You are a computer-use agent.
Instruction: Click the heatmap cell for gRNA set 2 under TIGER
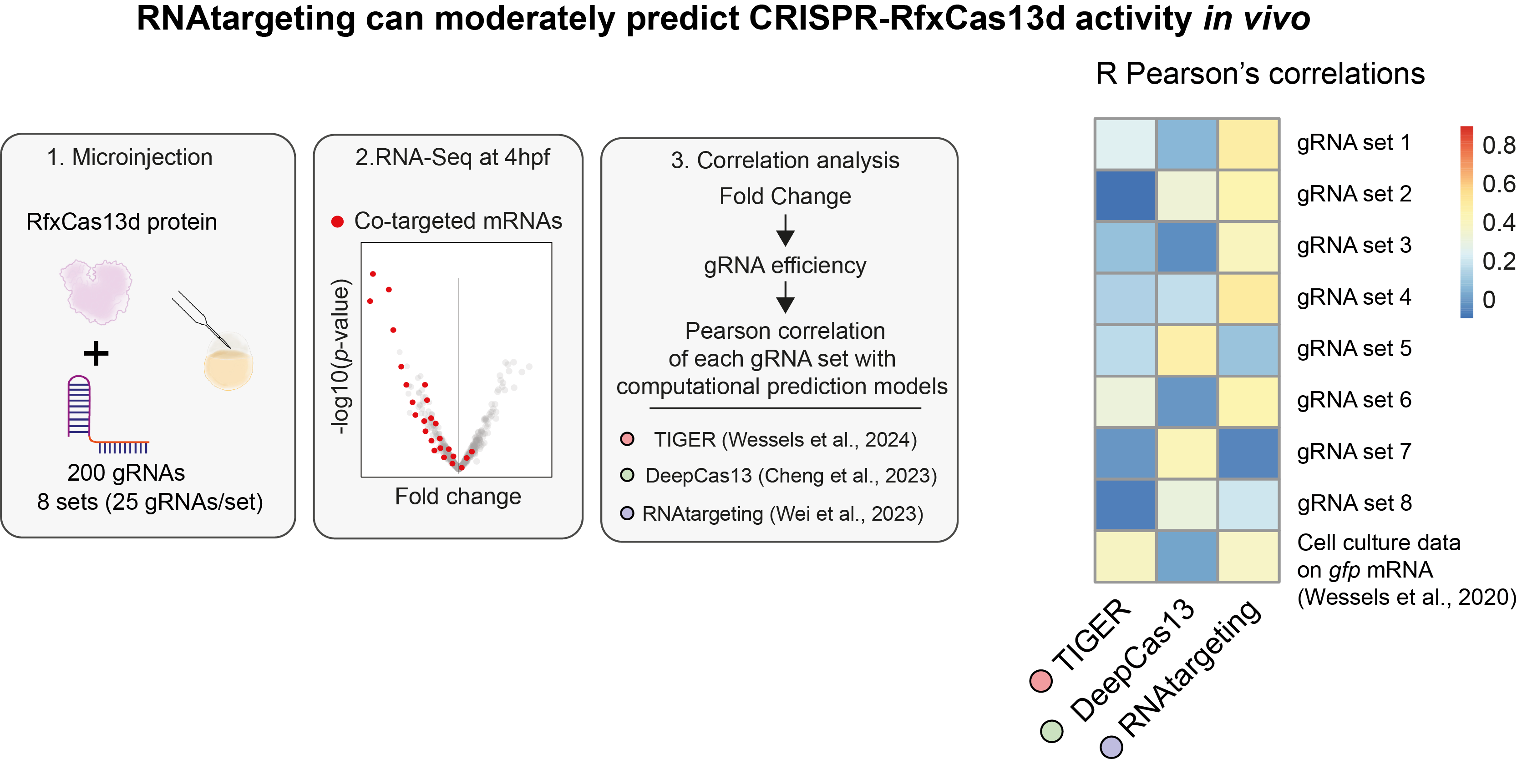click(x=1125, y=196)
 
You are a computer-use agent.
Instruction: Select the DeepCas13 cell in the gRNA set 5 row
click(x=1187, y=350)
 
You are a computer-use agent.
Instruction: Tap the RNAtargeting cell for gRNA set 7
click(x=1248, y=453)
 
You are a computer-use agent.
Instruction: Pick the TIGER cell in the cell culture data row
click(x=1125, y=556)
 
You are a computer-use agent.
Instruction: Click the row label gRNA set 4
click(x=1354, y=297)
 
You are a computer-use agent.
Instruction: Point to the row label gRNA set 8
click(x=1354, y=503)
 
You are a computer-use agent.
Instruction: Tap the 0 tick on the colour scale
click(x=1489, y=300)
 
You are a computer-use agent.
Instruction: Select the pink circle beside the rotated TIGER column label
click(x=1040, y=681)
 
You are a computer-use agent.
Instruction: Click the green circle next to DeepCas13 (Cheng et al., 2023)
click(x=627, y=475)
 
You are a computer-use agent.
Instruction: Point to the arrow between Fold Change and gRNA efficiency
click(x=785, y=231)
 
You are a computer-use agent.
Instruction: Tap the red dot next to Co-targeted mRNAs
click(x=337, y=222)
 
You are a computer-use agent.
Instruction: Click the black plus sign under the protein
click(x=96, y=354)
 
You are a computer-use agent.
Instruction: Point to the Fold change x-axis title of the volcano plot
click(x=457, y=497)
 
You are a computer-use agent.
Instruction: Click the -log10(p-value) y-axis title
click(x=340, y=357)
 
